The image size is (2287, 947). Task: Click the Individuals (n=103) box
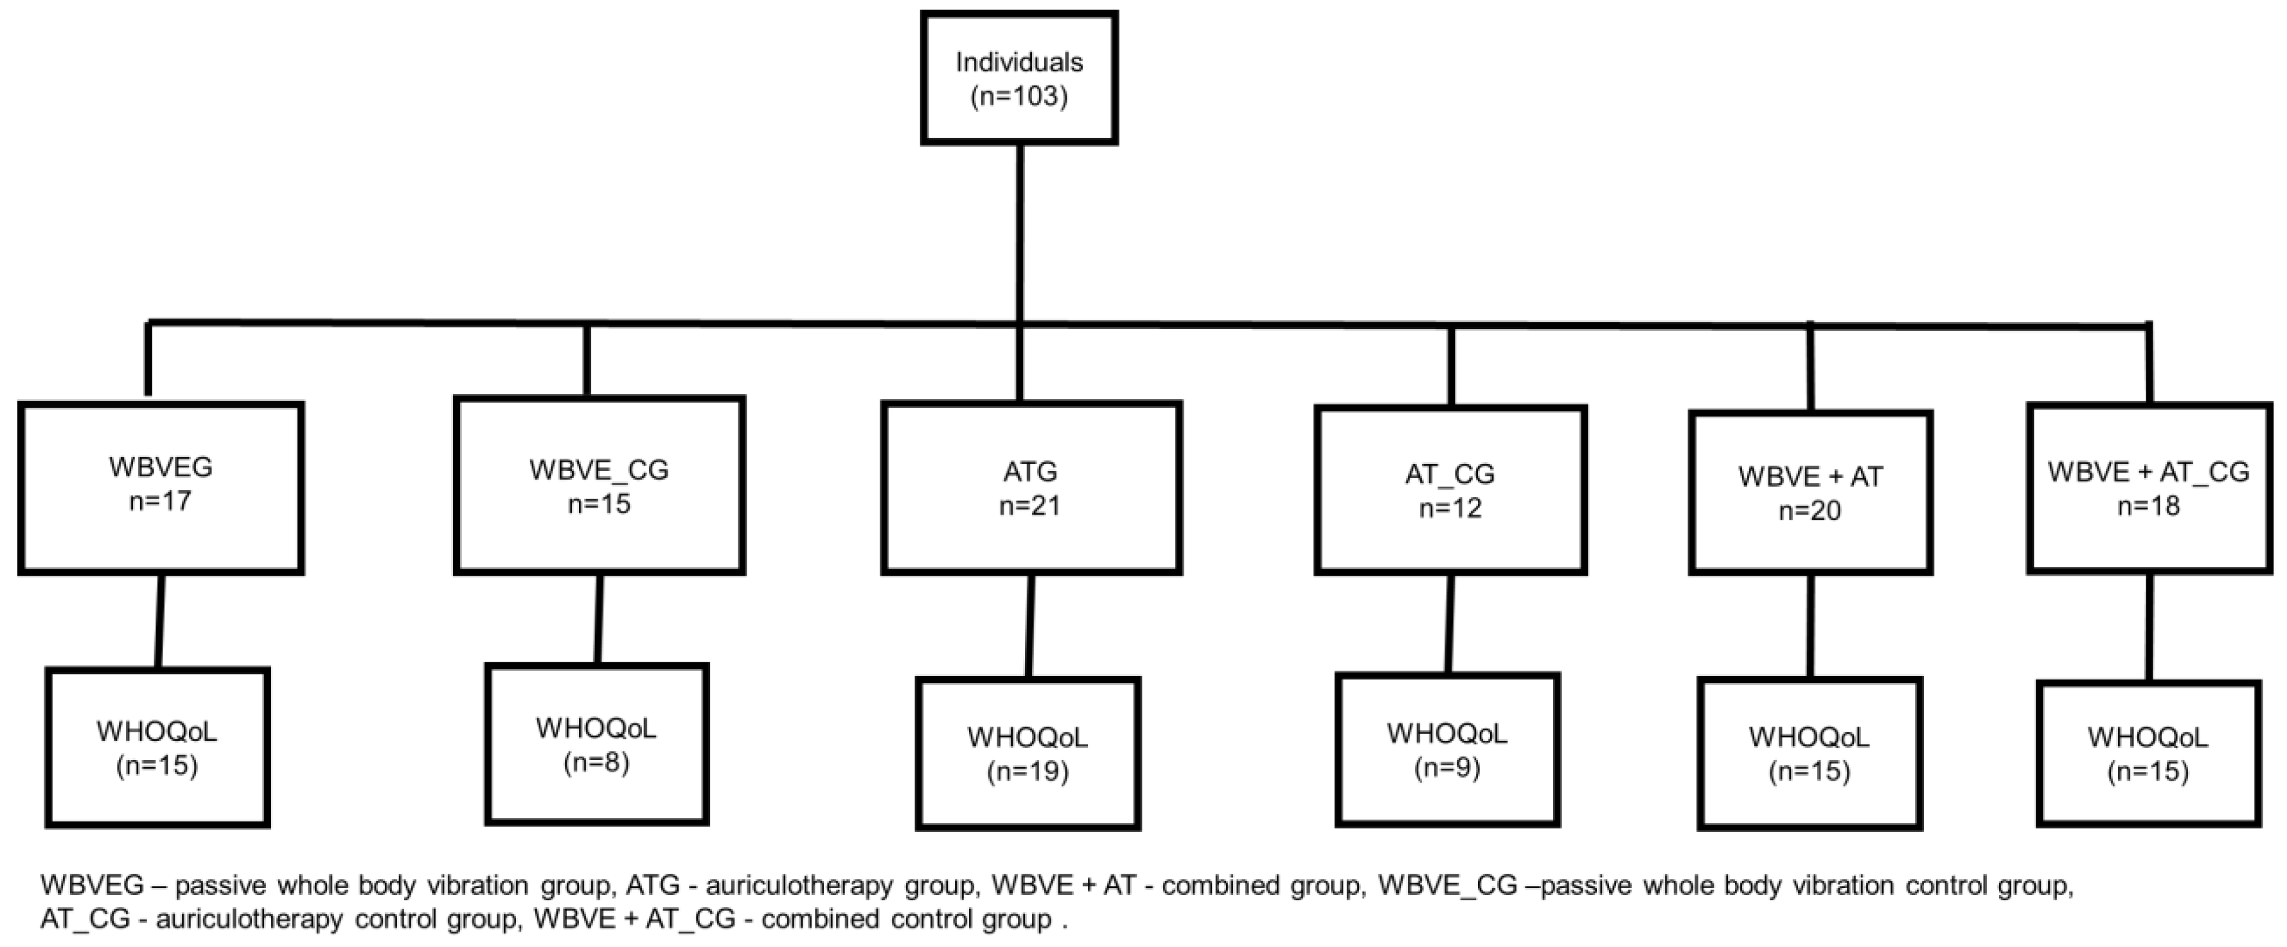click(1019, 78)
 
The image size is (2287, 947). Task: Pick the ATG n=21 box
click(1030, 488)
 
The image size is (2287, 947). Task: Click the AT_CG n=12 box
click(1450, 490)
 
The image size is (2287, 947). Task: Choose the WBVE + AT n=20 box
click(1810, 493)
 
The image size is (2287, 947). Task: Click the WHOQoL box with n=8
click(596, 744)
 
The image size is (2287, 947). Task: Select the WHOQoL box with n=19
click(1028, 754)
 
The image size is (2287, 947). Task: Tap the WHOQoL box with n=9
click(1447, 750)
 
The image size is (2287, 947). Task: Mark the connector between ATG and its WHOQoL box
click(1030, 626)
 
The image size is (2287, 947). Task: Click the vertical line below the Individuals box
click(1019, 231)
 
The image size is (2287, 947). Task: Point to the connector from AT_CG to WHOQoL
click(1449, 623)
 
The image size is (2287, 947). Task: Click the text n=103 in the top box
click(1019, 96)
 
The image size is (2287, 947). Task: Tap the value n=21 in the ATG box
click(1030, 506)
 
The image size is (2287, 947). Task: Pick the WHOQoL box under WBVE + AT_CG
click(2148, 754)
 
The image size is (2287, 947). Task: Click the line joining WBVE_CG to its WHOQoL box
click(598, 619)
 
